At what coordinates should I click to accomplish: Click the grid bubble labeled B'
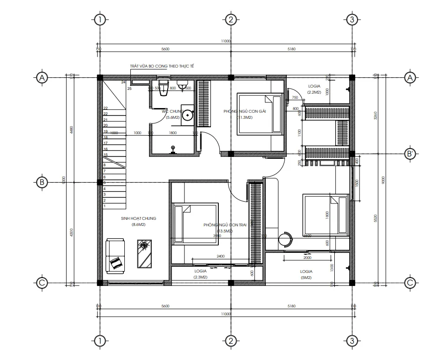[x=410, y=155]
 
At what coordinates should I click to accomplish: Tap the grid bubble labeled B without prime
[x=42, y=183]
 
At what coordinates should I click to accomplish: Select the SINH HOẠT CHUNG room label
[x=138, y=218]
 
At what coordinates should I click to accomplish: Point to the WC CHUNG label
[x=173, y=112]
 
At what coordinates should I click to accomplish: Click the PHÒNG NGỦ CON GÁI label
[x=244, y=111]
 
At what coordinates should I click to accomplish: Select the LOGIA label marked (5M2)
[x=306, y=271]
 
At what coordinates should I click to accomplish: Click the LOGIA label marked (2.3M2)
[x=201, y=271]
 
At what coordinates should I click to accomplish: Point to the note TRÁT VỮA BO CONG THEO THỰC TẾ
[x=162, y=67]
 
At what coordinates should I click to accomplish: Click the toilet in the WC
[x=162, y=92]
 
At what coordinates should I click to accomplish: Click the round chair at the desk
[x=284, y=239]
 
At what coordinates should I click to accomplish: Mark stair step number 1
[x=105, y=206]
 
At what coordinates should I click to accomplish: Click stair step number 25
[x=129, y=88]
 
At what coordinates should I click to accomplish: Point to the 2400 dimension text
[x=221, y=256]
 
